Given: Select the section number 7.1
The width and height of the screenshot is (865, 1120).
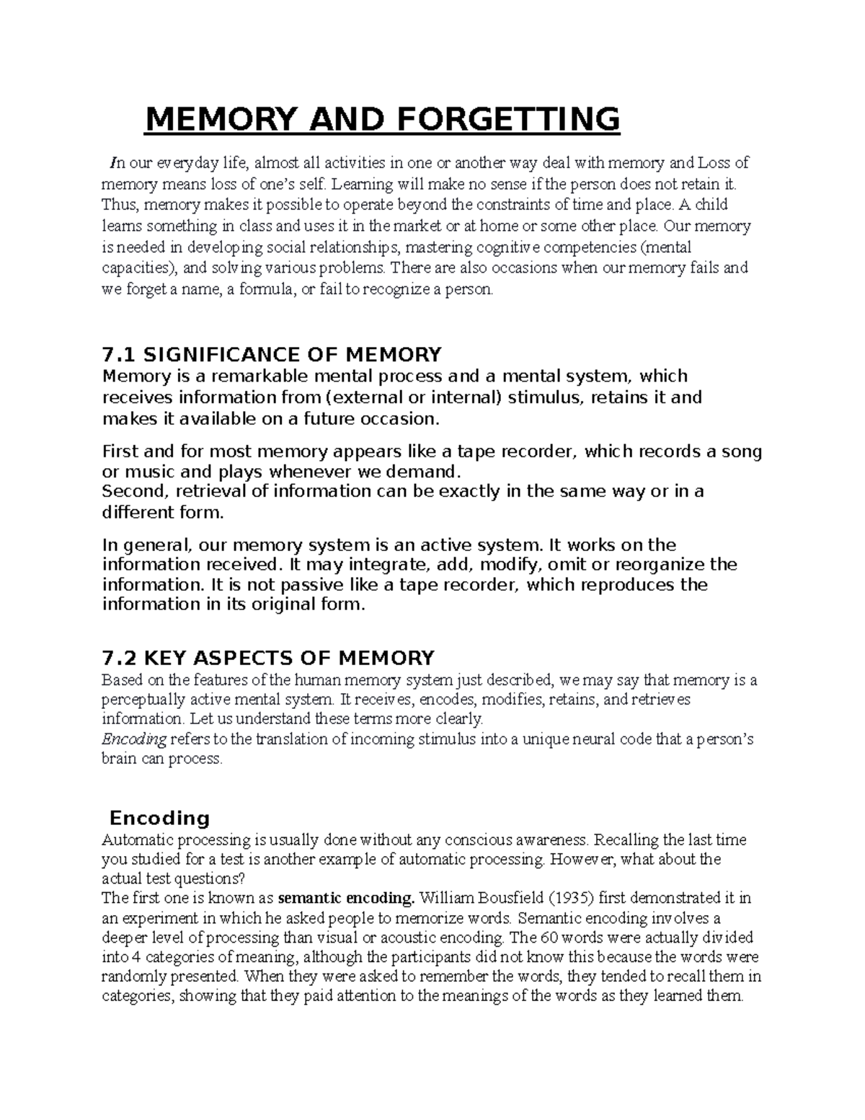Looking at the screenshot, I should pos(120,355).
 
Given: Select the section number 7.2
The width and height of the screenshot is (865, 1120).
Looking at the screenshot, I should pos(120,658).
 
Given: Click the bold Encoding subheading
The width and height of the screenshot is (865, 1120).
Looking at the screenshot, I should pos(159,818).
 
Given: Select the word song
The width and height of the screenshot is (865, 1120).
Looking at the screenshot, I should pos(737,452).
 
